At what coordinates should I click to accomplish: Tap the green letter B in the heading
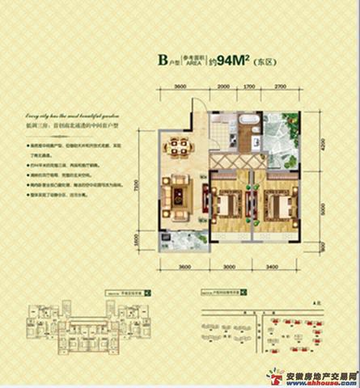pos(163,59)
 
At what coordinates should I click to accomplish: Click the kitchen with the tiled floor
pos(216,133)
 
